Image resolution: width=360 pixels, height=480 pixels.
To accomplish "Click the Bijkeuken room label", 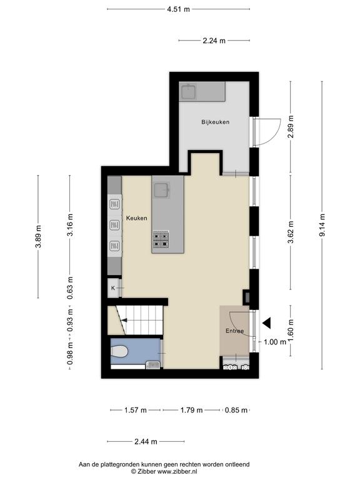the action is click(215, 122).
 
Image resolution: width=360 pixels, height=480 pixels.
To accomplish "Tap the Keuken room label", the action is click(136, 218).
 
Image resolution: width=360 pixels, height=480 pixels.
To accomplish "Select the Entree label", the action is click(235, 331).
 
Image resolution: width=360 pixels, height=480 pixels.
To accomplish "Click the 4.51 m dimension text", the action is click(179, 9).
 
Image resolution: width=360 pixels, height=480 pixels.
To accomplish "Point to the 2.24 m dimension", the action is click(214, 41).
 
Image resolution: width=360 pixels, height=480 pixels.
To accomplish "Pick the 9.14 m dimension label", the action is click(322, 225).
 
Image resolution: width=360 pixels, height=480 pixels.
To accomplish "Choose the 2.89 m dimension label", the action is click(291, 126).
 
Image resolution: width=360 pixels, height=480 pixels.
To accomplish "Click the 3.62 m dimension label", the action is click(291, 232).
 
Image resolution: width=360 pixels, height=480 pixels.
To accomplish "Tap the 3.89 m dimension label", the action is click(38, 237).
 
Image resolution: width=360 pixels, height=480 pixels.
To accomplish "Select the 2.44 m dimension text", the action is click(146, 441).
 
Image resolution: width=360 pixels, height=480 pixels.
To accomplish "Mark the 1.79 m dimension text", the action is click(191, 410).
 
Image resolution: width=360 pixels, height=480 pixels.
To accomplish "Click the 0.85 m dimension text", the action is click(236, 410).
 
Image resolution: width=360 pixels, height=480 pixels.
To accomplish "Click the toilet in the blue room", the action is click(119, 351).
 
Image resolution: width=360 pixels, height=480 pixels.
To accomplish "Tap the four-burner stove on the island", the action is click(161, 240).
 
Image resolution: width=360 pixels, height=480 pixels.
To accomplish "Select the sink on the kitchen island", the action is click(162, 191).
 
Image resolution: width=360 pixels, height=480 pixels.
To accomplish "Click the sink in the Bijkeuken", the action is click(189, 92).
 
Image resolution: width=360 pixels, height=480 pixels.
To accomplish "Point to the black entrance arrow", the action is click(267, 323).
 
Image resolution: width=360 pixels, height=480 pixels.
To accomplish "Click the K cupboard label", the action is click(113, 288).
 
